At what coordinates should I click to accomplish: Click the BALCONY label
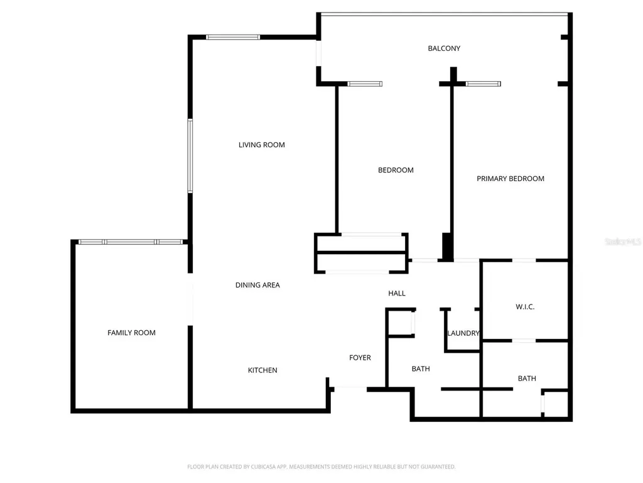pos(444,48)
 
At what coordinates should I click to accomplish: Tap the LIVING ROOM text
pos(262,145)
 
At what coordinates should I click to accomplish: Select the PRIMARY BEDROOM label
pos(511,179)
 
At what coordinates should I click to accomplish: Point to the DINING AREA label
pos(257,285)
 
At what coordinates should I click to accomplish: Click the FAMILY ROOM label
pos(131,333)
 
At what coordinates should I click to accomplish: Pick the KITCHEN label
pos(262,370)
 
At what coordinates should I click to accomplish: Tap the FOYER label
pos(360,358)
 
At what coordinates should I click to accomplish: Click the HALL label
pos(397,293)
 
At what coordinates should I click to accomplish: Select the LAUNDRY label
pos(463,333)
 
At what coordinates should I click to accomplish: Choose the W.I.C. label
pos(525,307)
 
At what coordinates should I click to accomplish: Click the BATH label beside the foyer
pos(421,369)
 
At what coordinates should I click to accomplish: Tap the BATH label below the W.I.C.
pos(527,378)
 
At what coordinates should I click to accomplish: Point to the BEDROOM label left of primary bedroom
pos(396,170)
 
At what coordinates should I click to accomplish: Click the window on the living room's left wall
pos(190,156)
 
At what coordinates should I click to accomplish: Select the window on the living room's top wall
pos(233,37)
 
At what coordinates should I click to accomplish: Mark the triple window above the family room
pos(131,242)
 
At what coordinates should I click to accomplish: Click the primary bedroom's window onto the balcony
pos(483,84)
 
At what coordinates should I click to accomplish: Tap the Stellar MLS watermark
pos(623,241)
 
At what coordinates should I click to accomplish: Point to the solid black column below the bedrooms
pos(447,247)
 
